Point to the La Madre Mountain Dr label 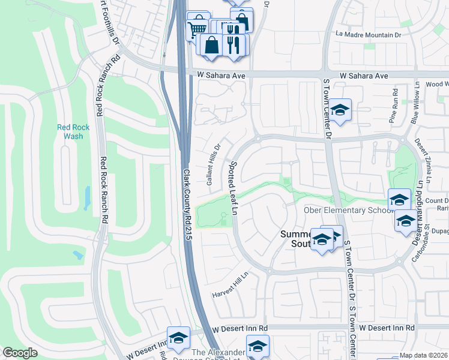coord(368,35)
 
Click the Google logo coord(20,353)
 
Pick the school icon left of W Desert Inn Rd coord(178,338)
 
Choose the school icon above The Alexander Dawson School coord(258,345)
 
